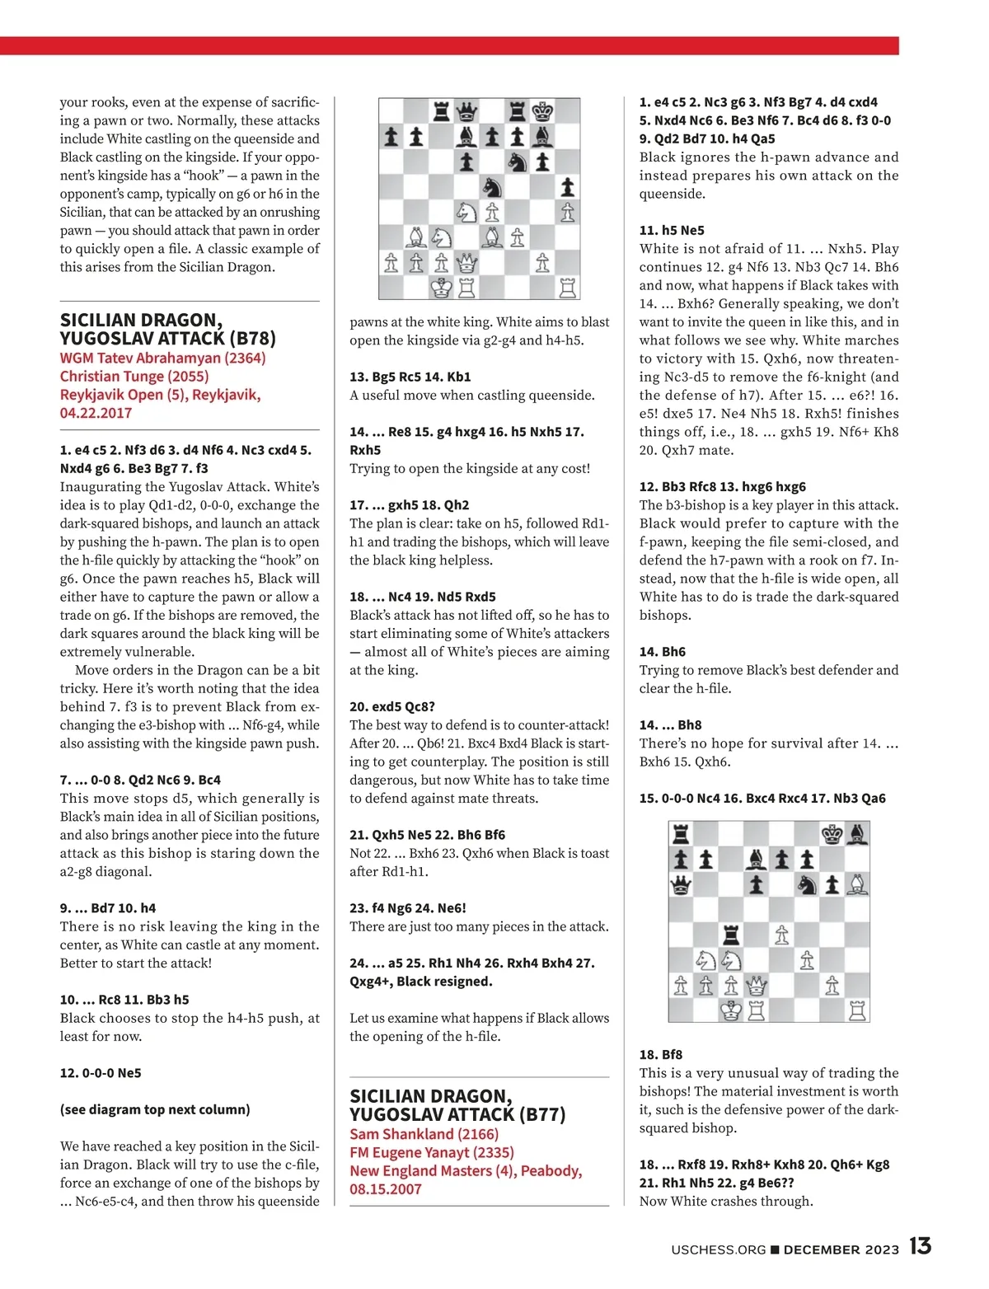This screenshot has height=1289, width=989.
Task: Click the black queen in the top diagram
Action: [x=467, y=111]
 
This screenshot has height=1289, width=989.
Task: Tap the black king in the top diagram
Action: [x=542, y=111]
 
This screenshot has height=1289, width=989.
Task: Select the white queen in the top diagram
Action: [x=467, y=263]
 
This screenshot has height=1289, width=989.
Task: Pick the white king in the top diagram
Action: [x=442, y=288]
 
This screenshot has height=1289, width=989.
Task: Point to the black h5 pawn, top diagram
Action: [x=567, y=187]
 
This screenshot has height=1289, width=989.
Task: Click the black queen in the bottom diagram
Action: [x=681, y=885]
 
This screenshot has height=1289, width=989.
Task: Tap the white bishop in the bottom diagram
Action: [x=857, y=885]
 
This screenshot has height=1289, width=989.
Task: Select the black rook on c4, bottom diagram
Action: [x=731, y=935]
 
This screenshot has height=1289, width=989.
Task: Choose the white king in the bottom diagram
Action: [x=731, y=1010]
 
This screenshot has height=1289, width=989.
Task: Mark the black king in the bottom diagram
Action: [x=832, y=834]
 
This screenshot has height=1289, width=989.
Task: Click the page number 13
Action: [x=921, y=1246]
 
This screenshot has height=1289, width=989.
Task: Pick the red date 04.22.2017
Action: [x=96, y=413]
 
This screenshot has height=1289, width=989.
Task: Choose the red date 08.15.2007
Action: [x=385, y=1189]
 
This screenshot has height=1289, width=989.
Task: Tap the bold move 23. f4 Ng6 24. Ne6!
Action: [x=407, y=908]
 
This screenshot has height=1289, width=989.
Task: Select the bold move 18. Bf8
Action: [x=661, y=1054]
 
